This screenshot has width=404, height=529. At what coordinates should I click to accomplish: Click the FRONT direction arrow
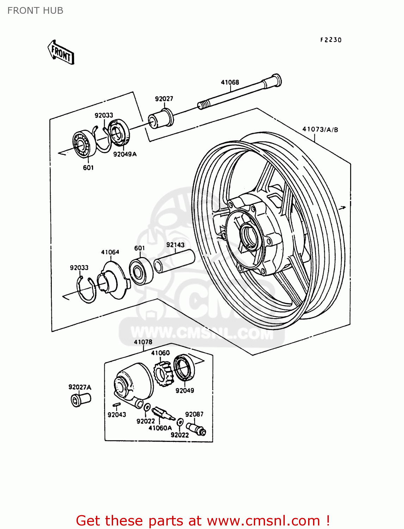pyautogui.click(x=61, y=53)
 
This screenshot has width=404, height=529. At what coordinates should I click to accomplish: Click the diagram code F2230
pyautogui.click(x=331, y=40)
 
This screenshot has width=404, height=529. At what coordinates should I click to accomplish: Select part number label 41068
pyautogui.click(x=230, y=82)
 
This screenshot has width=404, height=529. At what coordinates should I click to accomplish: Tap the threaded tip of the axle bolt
pyautogui.click(x=202, y=105)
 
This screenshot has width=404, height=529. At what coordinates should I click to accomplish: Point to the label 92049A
pyautogui.click(x=125, y=154)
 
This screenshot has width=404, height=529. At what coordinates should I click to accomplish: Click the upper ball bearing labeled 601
pyautogui.click(x=85, y=144)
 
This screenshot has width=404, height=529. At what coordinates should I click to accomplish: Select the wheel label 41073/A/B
pyautogui.click(x=320, y=129)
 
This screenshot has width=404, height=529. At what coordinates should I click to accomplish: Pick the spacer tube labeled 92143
pyautogui.click(x=174, y=261)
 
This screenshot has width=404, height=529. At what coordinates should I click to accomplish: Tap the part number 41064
pyautogui.click(x=110, y=252)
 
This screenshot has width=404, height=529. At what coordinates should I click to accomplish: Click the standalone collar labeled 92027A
pyautogui.click(x=80, y=400)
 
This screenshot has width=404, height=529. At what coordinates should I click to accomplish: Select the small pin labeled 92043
pyautogui.click(x=117, y=405)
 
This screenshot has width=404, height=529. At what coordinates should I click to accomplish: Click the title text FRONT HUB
pyautogui.click(x=35, y=11)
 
